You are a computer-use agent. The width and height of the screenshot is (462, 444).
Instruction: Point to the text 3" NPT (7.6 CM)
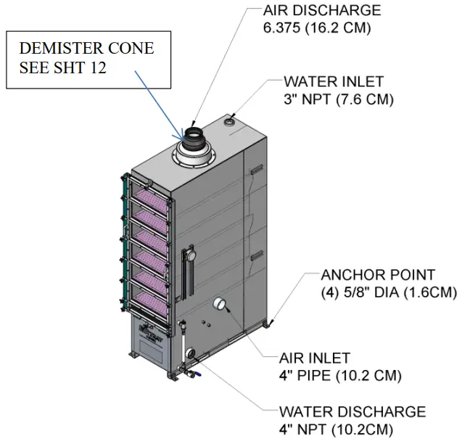point(338,99)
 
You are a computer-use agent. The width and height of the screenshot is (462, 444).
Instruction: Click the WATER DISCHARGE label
point(352,412)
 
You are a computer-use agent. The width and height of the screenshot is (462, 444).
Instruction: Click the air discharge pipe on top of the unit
point(194,137)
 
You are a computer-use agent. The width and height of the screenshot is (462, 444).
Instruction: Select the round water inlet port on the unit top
point(232,121)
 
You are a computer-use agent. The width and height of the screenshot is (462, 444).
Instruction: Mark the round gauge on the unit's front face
point(190,256)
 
